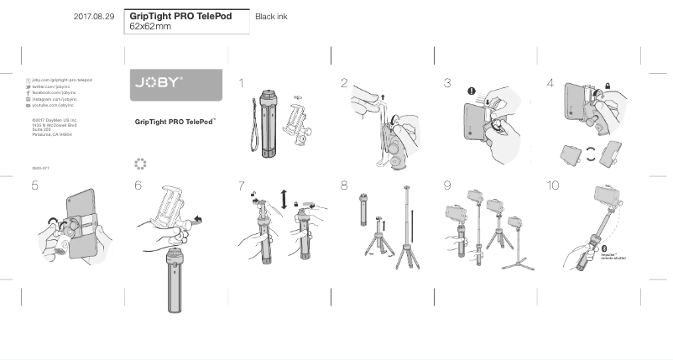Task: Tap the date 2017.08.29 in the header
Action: click(x=93, y=16)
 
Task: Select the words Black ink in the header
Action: click(x=271, y=17)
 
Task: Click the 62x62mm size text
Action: click(x=150, y=27)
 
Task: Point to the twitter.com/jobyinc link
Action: click(x=53, y=86)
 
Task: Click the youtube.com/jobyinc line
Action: click(x=53, y=107)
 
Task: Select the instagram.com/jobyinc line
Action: click(x=54, y=100)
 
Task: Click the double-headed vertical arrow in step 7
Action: click(x=284, y=200)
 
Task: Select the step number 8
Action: click(x=344, y=185)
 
